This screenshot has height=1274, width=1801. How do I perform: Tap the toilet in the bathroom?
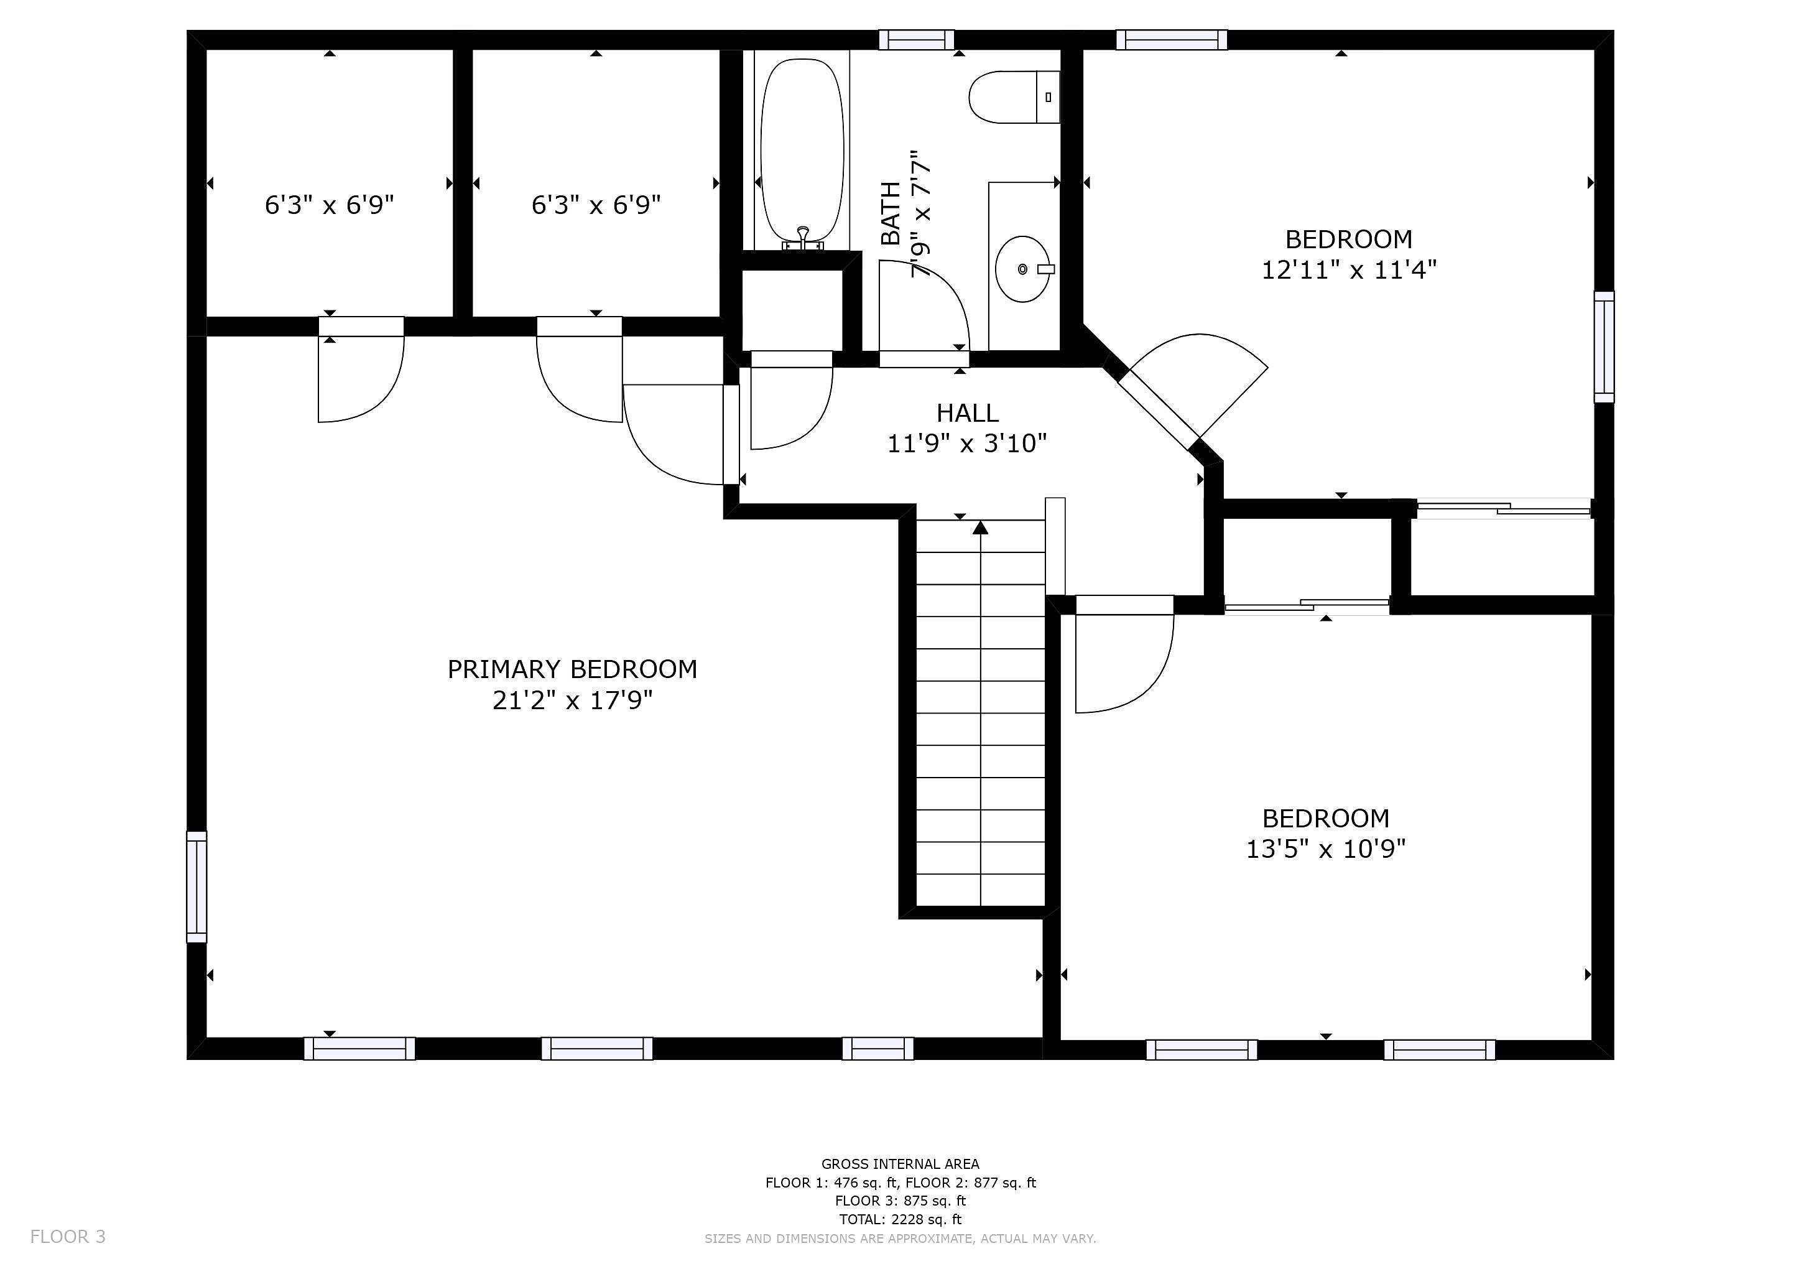[1012, 97]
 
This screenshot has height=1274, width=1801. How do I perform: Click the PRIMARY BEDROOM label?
[572, 669]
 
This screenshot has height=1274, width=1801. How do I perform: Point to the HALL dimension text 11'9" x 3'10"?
[966, 444]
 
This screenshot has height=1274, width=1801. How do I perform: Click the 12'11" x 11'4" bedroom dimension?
[1348, 271]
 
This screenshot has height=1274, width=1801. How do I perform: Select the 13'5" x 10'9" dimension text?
[1326, 849]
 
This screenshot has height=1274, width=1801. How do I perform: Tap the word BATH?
[891, 213]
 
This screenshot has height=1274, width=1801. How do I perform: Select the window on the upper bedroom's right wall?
[1604, 346]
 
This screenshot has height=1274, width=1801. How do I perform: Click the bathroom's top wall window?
[916, 39]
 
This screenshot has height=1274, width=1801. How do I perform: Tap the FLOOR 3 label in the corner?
[67, 1236]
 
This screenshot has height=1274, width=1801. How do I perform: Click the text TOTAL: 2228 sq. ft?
[900, 1219]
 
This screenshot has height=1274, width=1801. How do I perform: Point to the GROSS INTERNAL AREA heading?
[900, 1164]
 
